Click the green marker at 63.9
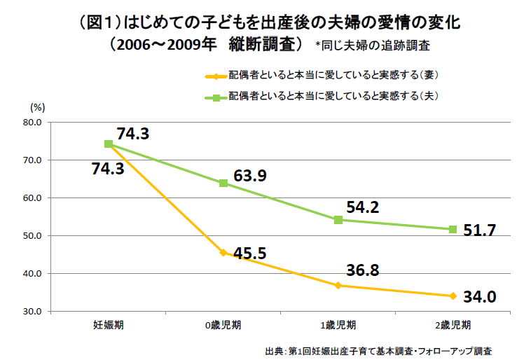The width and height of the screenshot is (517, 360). tap(223, 184)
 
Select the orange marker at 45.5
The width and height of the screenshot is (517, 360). tap(223, 252)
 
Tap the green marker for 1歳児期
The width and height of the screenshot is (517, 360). tap(338, 220)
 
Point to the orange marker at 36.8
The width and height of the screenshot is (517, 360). tap(338, 285)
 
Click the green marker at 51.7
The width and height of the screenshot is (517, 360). tap(453, 229)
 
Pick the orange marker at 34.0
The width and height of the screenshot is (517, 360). tap(453, 296)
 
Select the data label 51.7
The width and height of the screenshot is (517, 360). tap(481, 230)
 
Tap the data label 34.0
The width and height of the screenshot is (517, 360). tap(481, 297)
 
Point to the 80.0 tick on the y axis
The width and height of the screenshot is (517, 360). tap(34, 123)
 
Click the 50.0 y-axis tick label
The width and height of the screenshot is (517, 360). tap(34, 236)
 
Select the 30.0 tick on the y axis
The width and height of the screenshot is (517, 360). tap(34, 312)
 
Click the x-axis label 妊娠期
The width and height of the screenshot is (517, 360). tap(109, 325)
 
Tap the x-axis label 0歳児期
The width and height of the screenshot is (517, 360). tap(223, 325)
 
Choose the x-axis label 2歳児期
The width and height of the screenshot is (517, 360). tap(453, 325)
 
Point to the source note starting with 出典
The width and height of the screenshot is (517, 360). tap(378, 349)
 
